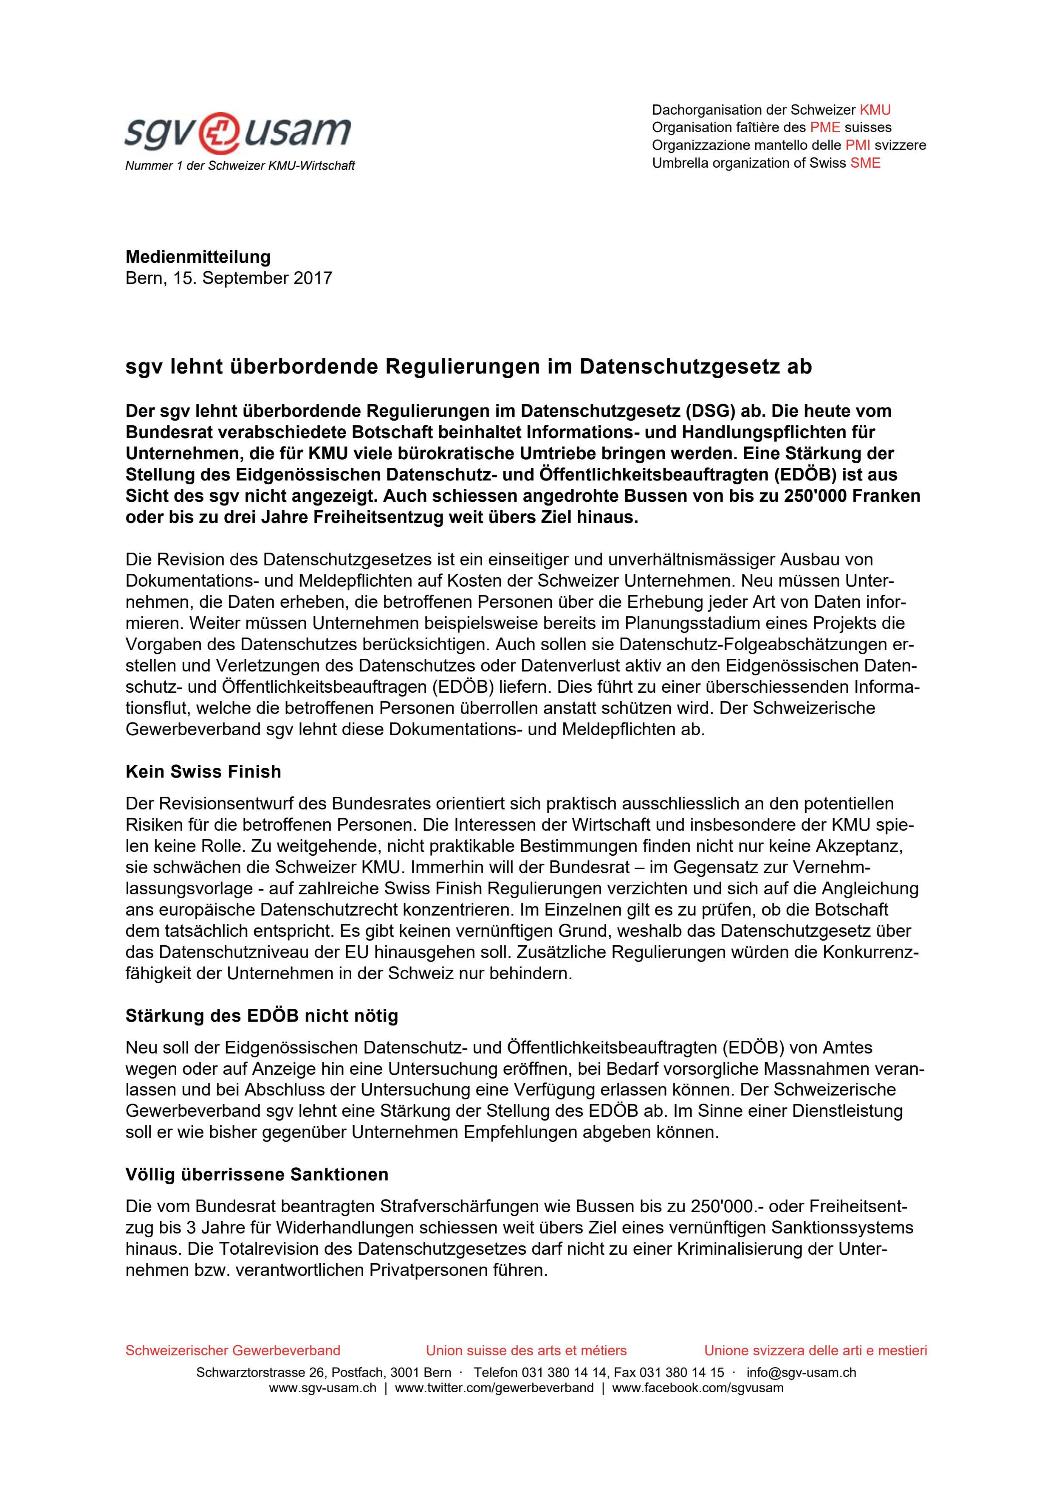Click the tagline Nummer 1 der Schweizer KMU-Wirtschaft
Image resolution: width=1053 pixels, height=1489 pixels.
(240, 166)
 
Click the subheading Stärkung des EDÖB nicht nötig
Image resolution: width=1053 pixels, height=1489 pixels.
(262, 1016)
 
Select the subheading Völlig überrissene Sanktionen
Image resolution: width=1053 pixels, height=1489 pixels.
(257, 1174)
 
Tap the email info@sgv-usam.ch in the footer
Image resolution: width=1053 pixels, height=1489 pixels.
(801, 1373)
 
